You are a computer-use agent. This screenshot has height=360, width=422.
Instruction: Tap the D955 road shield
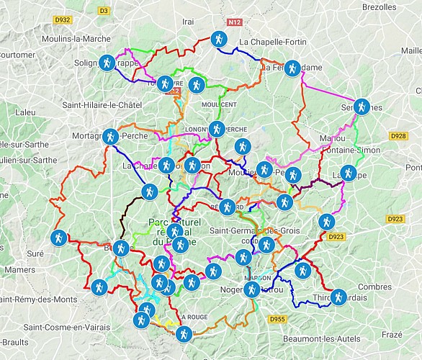click(278, 319)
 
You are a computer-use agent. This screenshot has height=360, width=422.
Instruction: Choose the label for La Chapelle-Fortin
click(273, 42)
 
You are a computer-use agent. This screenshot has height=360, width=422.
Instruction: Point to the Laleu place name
click(25, 112)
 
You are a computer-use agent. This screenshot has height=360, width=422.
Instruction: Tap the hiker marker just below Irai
click(220, 40)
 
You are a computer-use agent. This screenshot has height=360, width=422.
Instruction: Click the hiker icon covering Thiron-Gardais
click(337, 297)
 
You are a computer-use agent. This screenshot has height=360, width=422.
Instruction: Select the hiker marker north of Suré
click(58, 237)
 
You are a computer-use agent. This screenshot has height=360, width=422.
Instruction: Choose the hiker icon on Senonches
click(362, 107)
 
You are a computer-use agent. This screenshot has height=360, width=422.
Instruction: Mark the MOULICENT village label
click(220, 105)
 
